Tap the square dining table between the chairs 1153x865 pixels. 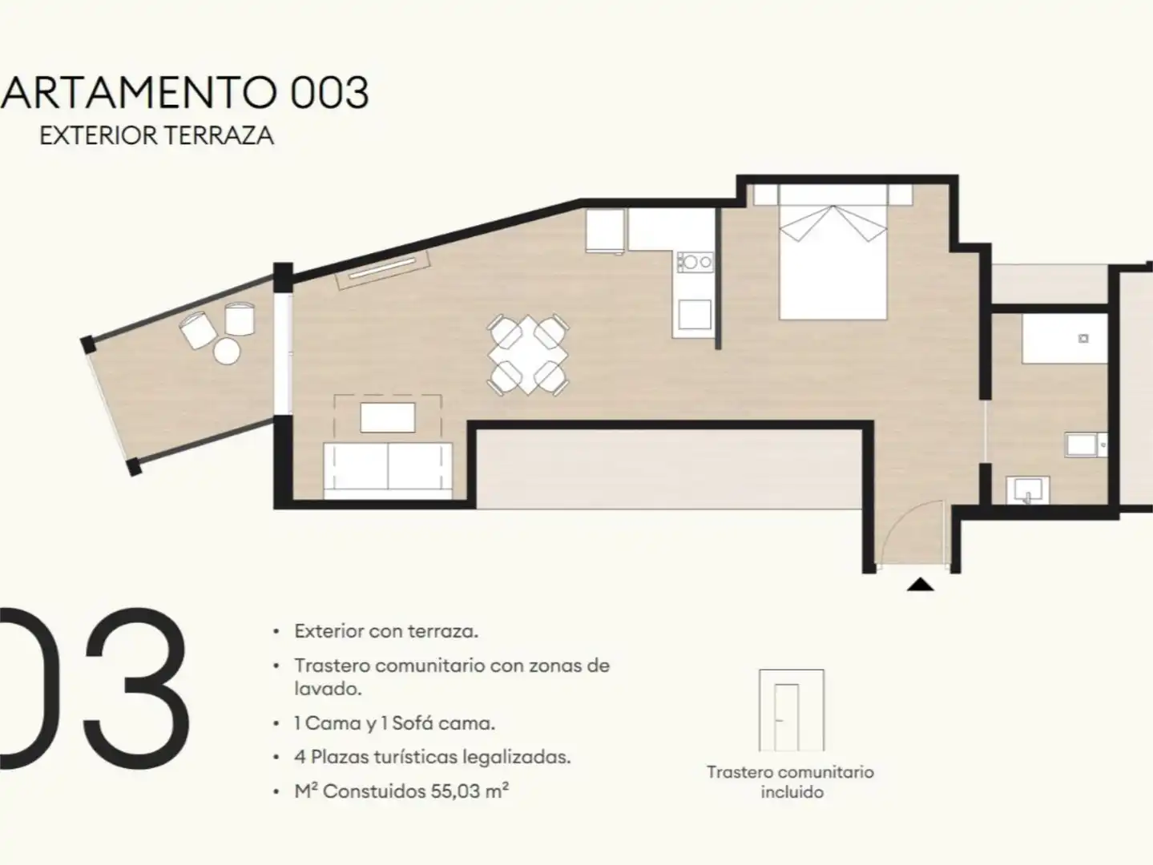[528, 355]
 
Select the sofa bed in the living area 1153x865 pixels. [388, 470]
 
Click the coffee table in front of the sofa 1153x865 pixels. [388, 418]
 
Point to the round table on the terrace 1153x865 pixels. [227, 351]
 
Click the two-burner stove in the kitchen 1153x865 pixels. [695, 262]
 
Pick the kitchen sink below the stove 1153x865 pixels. [695, 314]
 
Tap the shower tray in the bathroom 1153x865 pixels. [1065, 339]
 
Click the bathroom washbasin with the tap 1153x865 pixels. [1027, 490]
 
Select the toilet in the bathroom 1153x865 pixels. [1086, 445]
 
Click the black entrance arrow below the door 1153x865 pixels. [921, 584]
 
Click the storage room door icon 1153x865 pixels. [791, 710]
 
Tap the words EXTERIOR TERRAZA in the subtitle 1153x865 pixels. [156, 136]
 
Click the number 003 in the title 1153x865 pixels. [329, 93]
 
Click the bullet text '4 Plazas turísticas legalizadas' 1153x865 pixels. [433, 757]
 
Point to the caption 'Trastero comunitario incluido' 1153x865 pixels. [791, 782]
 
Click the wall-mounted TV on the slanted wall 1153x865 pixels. [384, 269]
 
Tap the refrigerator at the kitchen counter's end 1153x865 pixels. [605, 231]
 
